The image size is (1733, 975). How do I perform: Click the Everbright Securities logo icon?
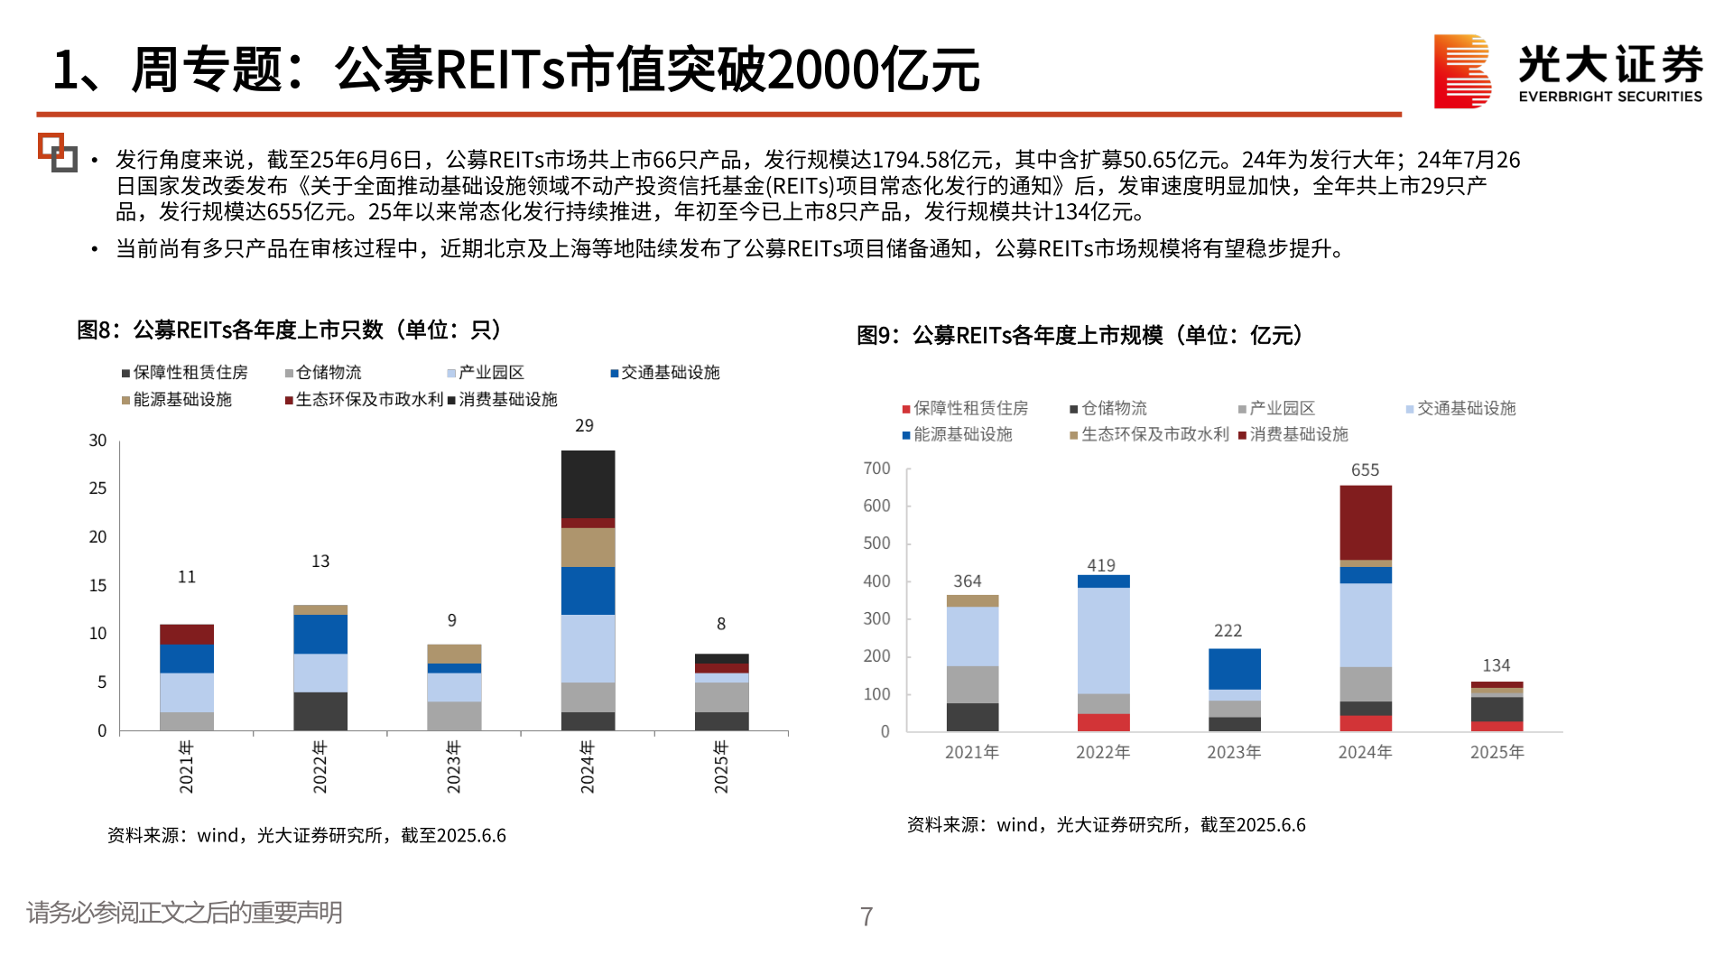click(x=1461, y=71)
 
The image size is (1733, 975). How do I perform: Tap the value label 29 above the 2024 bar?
click(x=584, y=425)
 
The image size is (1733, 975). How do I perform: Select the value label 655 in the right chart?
click(x=1365, y=470)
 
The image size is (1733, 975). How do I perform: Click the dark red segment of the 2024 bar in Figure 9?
click(x=1365, y=523)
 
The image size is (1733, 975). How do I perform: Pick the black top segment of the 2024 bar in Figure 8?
click(x=588, y=484)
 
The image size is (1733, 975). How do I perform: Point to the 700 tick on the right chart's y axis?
click(x=876, y=469)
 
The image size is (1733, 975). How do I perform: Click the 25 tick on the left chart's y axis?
click(x=97, y=488)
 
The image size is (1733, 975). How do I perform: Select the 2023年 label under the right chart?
click(x=1234, y=752)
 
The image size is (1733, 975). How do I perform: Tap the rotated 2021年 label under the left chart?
click(x=186, y=767)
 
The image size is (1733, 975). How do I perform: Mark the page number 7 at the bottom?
click(x=866, y=916)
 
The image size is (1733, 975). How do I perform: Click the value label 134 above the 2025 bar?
click(x=1496, y=665)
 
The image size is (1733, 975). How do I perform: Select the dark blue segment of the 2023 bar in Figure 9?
click(x=1234, y=669)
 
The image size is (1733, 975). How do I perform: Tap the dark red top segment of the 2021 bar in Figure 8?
click(x=187, y=634)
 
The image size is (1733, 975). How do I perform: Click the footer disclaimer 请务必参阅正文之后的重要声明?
click(x=185, y=913)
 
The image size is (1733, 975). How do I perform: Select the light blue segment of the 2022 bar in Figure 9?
click(x=1103, y=640)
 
